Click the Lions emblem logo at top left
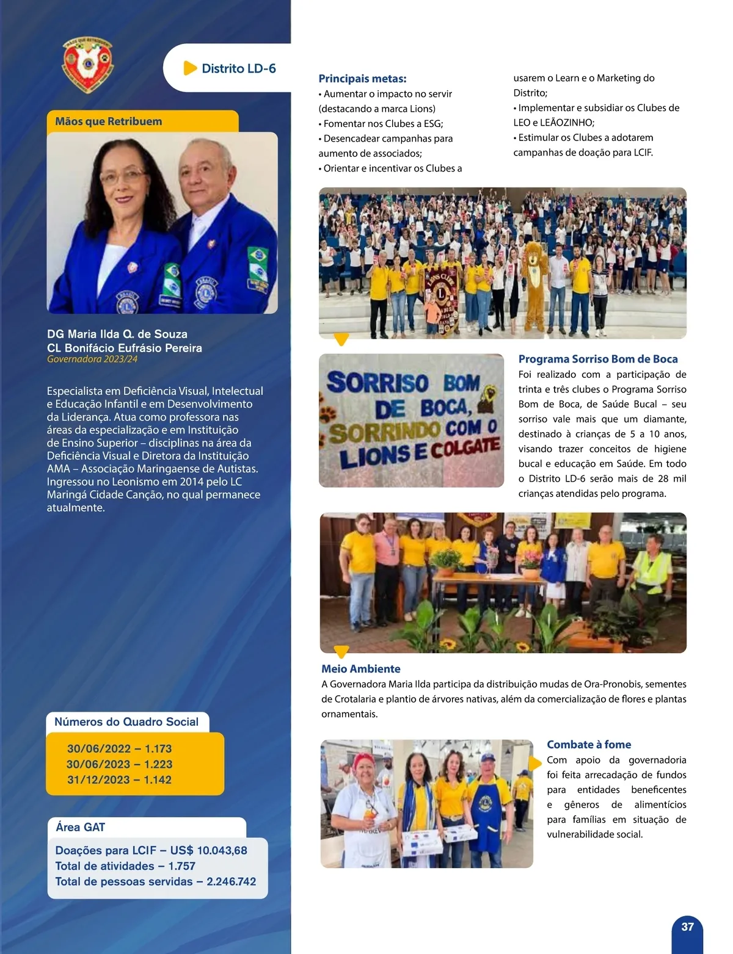(88, 63)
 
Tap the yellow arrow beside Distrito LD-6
(190, 68)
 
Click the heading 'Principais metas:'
(362, 79)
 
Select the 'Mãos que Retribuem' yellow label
(109, 121)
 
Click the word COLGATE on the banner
(465, 449)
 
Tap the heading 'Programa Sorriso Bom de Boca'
(598, 359)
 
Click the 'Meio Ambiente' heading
(361, 669)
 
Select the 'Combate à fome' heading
(589, 745)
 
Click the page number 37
(687, 927)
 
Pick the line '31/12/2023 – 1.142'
(119, 779)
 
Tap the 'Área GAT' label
(80, 827)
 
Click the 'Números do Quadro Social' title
(126, 721)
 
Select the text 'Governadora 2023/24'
(92, 359)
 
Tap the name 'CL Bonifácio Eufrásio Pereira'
(125, 348)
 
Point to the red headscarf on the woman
(365, 761)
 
